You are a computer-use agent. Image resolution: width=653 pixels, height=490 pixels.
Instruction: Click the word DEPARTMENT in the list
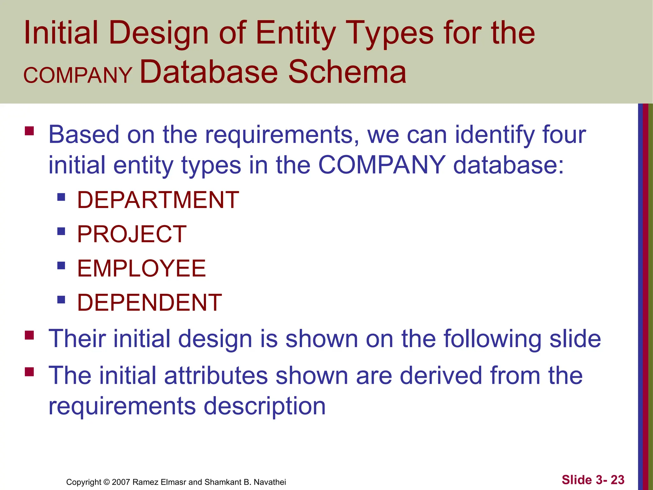point(158,200)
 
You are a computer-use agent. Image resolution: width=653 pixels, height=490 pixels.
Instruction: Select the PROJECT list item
point(132,234)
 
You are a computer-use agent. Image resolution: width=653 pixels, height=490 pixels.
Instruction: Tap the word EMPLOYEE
point(142,268)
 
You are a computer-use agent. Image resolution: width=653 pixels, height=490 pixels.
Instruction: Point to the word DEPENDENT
point(150,302)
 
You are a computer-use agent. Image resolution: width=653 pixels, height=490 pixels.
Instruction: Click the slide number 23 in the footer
point(617,480)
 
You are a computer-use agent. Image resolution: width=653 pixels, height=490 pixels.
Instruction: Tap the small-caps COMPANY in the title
point(78,75)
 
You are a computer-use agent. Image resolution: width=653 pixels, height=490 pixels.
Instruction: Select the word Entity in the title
point(296,33)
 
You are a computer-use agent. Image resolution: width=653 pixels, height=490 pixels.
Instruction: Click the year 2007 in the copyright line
point(121,482)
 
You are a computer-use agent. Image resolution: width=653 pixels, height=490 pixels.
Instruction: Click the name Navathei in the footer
point(270,482)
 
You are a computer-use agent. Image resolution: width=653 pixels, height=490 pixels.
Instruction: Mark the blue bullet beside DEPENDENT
point(61,300)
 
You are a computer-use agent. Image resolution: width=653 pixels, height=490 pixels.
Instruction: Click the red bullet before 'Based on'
point(29,131)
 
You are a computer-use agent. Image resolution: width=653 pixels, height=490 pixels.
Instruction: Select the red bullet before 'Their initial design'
point(29,335)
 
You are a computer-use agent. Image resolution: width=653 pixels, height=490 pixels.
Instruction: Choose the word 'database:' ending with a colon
point(509,165)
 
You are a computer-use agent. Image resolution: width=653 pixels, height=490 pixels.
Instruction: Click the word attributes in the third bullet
point(216,375)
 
